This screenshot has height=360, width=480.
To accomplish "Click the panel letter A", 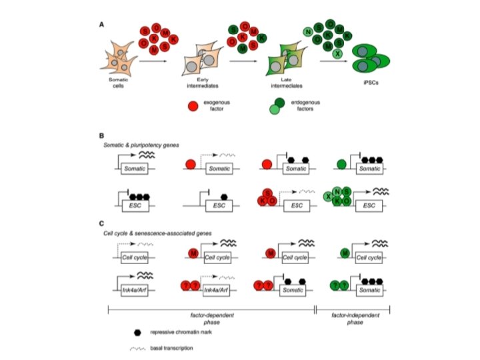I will [101, 25].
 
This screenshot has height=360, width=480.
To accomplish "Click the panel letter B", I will [101, 135].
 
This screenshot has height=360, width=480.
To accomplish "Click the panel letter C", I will [101, 223].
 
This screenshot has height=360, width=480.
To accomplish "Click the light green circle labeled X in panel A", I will [339, 53].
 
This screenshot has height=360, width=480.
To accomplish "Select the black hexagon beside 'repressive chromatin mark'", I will [137, 331].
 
